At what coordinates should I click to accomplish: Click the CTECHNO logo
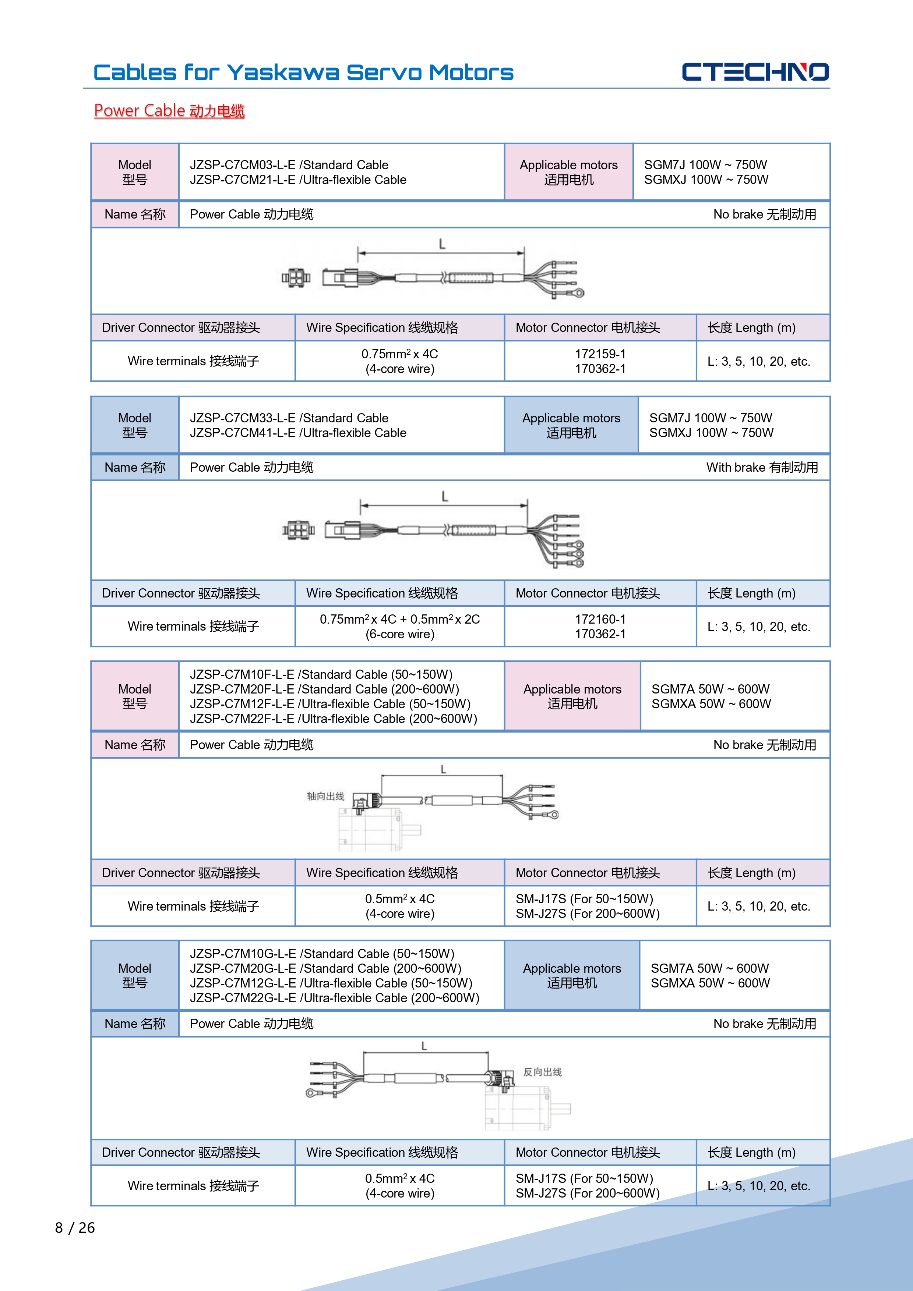pos(755,72)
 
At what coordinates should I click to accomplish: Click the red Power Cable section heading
pos(169,111)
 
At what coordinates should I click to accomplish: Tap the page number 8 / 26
pos(75,1227)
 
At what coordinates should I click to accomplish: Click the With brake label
pos(762,467)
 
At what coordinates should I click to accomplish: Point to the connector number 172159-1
pos(600,354)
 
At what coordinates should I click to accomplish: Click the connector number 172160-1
pos(600,619)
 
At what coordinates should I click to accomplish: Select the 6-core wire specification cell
pos(399,627)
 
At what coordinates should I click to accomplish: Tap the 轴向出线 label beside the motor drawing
pos(325,796)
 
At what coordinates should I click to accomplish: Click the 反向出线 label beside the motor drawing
pos(542,1072)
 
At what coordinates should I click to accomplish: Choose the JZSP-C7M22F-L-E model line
pos(333,719)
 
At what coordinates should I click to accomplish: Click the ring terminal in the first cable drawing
pos(578,292)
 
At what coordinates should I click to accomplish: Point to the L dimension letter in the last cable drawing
pos(424,1046)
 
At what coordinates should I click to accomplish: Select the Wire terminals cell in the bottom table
pos(193,1186)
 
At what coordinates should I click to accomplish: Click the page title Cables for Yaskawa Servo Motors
pos(303,72)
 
